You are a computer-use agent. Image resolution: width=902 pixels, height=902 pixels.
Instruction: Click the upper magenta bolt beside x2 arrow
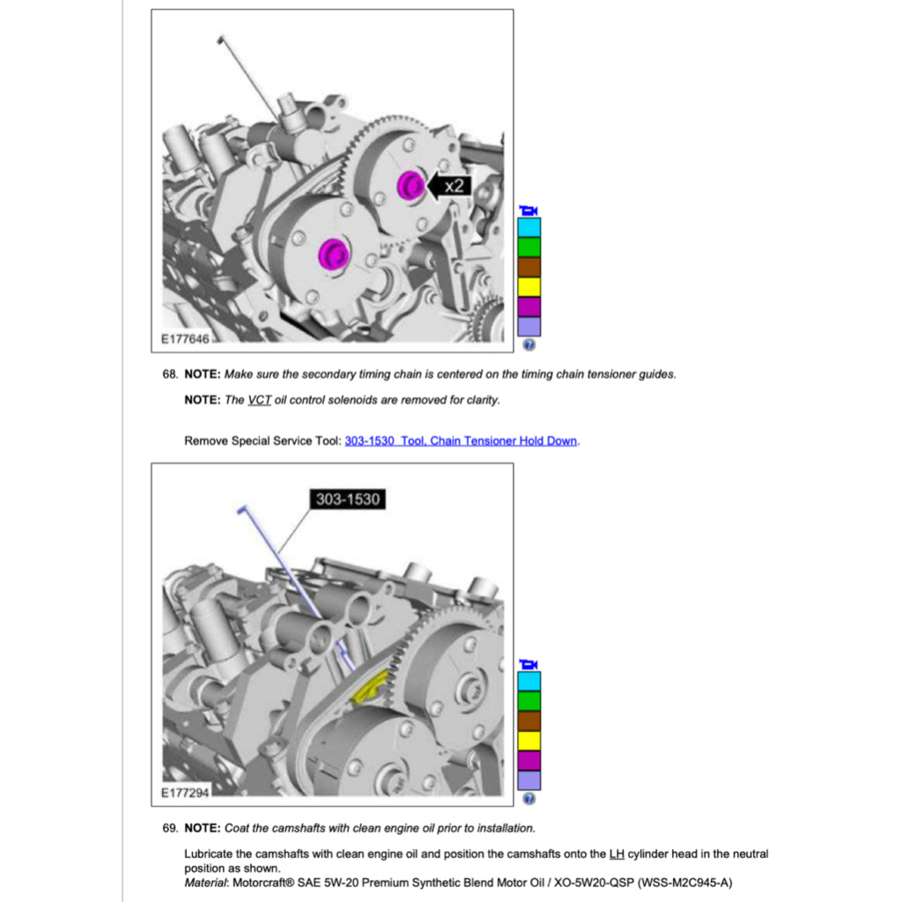pyautogui.click(x=409, y=185)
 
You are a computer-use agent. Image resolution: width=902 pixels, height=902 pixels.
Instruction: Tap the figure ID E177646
pyautogui.click(x=185, y=338)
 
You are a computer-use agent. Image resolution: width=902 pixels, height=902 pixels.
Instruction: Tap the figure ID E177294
pyautogui.click(x=185, y=793)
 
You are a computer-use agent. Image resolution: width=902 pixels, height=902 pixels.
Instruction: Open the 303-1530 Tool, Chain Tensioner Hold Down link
pyautogui.click(x=462, y=440)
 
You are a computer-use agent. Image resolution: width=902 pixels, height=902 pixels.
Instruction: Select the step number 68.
pyautogui.click(x=170, y=374)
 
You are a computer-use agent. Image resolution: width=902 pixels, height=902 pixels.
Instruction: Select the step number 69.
pyautogui.click(x=170, y=828)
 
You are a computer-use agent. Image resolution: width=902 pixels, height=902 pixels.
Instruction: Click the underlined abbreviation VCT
pyautogui.click(x=259, y=400)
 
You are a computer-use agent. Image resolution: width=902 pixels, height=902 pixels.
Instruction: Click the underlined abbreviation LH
pyautogui.click(x=617, y=854)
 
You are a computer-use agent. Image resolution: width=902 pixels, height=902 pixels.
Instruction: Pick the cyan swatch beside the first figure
pyautogui.click(x=529, y=227)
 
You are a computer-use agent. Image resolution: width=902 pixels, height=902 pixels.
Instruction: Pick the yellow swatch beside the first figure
pyautogui.click(x=529, y=286)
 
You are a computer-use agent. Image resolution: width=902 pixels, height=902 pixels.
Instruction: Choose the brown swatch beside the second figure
pyautogui.click(x=529, y=721)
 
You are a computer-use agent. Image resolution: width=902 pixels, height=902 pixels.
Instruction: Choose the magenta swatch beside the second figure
pyautogui.click(x=529, y=760)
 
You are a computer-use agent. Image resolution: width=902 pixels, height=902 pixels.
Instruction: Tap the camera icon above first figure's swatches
pyautogui.click(x=529, y=210)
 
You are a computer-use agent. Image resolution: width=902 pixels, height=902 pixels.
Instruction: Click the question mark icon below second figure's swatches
pyautogui.click(x=529, y=799)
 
